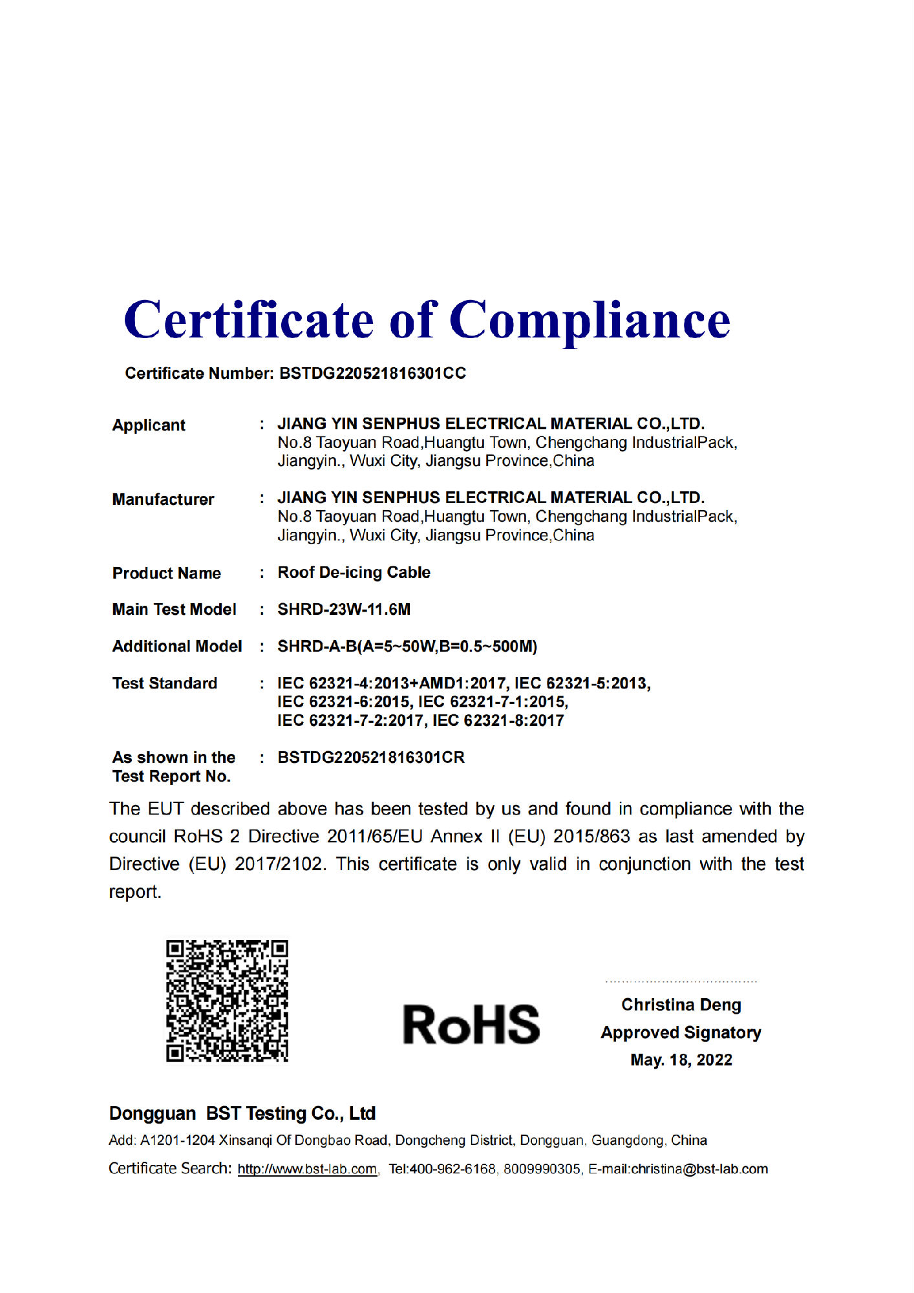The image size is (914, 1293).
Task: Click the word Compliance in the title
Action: [x=590, y=321]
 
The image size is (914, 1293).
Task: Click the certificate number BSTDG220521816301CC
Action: [x=372, y=374]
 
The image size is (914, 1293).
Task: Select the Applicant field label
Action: [x=149, y=425]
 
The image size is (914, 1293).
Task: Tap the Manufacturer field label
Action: [x=163, y=500]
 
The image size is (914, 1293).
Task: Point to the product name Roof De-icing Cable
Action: [x=354, y=573]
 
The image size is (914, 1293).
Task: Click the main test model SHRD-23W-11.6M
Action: [x=344, y=610]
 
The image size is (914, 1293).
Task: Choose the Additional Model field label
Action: [x=177, y=646]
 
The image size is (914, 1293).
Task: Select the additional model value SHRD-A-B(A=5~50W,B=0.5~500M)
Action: [x=407, y=646]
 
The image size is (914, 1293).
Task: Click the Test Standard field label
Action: [x=165, y=683]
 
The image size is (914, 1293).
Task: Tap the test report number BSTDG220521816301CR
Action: [x=371, y=758]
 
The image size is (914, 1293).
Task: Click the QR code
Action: [x=227, y=1001]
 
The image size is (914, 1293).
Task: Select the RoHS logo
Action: [x=471, y=1025]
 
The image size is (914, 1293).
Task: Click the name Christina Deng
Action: [x=681, y=1005]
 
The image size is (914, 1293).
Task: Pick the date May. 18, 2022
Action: [x=681, y=1060]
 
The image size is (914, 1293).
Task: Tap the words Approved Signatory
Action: [x=681, y=1033]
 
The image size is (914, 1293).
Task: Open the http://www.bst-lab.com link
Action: [x=307, y=1170]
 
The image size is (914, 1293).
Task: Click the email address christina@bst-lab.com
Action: [x=699, y=1170]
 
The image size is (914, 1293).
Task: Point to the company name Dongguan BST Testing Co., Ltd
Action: [x=242, y=1114]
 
